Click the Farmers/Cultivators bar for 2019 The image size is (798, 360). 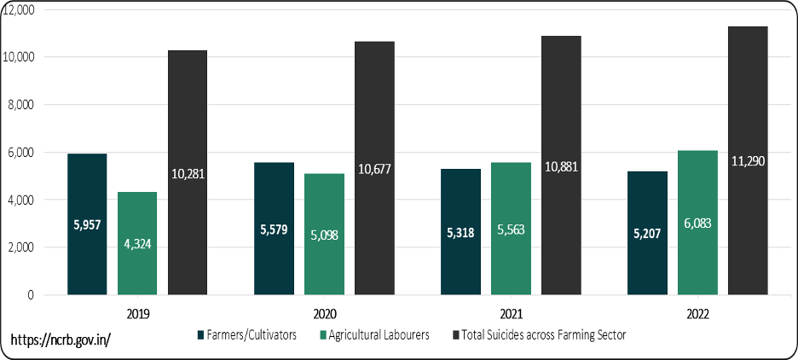(x=86, y=224)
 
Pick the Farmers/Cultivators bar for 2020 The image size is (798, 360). (x=274, y=229)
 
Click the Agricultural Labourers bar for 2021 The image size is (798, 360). (x=511, y=229)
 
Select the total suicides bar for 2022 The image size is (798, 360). (x=748, y=160)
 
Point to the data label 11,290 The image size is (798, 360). (x=748, y=160)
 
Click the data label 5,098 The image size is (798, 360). (x=325, y=234)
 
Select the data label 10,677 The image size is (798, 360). (x=375, y=168)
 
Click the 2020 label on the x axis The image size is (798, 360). (x=324, y=313)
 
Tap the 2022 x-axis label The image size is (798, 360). (x=697, y=313)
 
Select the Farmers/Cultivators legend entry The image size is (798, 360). (x=247, y=334)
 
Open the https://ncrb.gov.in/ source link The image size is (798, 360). (x=61, y=340)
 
